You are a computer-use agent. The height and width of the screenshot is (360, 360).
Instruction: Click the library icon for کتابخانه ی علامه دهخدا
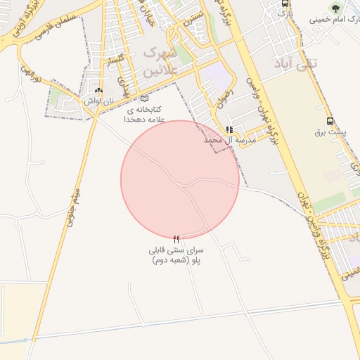(145, 99)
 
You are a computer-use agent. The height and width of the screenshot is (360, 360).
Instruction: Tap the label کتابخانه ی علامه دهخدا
(145, 115)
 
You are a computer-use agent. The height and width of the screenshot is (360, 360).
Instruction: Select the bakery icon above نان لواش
(98, 91)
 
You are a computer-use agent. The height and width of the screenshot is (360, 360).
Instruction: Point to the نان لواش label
(98, 101)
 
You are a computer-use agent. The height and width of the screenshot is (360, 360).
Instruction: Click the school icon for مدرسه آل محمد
(229, 130)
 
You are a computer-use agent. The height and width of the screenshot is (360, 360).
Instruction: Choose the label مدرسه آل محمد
(229, 141)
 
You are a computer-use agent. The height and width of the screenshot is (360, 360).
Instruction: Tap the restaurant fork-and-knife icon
(176, 239)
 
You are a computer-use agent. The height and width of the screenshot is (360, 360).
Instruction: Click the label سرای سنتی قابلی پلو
(176, 255)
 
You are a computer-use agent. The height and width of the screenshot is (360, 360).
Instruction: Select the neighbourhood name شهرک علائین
(157, 62)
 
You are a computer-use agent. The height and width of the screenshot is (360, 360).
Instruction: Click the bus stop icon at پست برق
(330, 121)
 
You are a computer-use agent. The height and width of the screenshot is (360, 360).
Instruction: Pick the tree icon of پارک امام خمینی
(335, 8)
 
